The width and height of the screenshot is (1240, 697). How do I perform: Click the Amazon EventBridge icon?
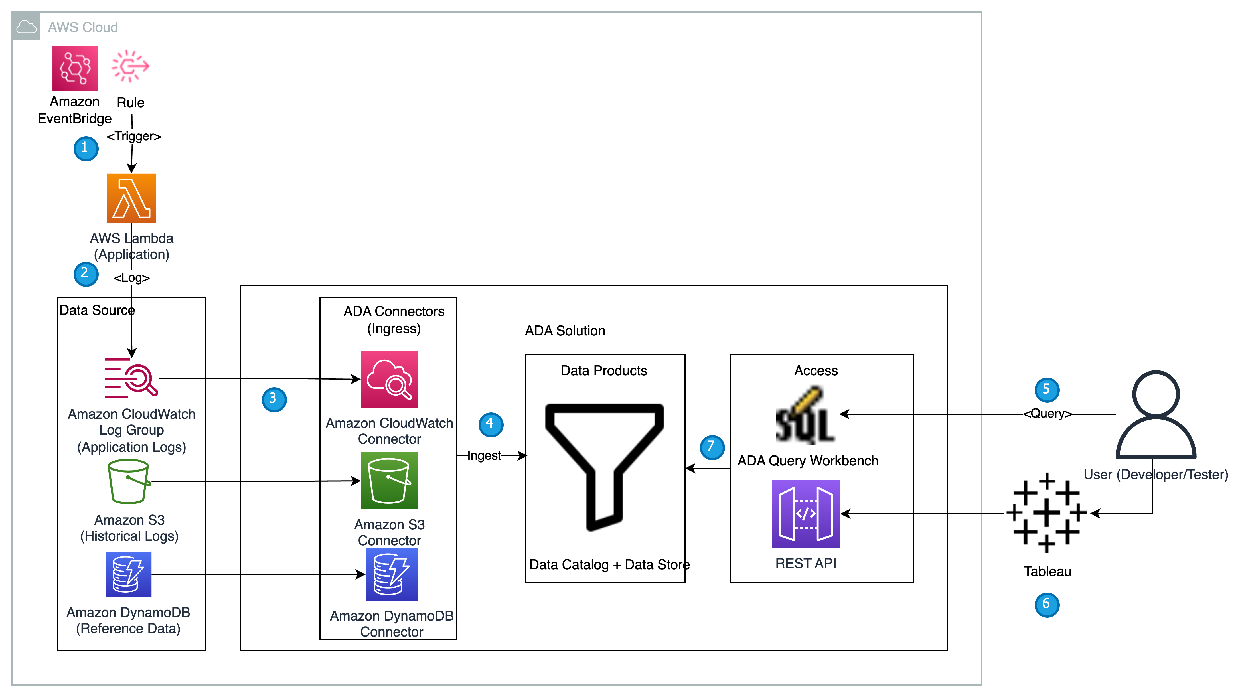(x=75, y=68)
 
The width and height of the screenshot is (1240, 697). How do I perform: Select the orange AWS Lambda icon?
(x=131, y=198)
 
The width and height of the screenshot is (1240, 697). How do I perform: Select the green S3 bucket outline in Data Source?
(x=129, y=481)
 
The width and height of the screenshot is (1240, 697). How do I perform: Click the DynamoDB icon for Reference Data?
(x=129, y=574)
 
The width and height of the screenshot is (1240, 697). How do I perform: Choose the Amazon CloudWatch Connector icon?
(x=390, y=379)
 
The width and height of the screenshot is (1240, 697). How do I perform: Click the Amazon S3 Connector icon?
(x=390, y=481)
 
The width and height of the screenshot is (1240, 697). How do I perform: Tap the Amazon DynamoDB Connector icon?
(x=392, y=575)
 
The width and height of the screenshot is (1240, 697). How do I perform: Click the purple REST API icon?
(x=806, y=514)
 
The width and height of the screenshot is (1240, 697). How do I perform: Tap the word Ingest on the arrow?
(x=484, y=455)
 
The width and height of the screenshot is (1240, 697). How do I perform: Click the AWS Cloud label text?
(x=83, y=27)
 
